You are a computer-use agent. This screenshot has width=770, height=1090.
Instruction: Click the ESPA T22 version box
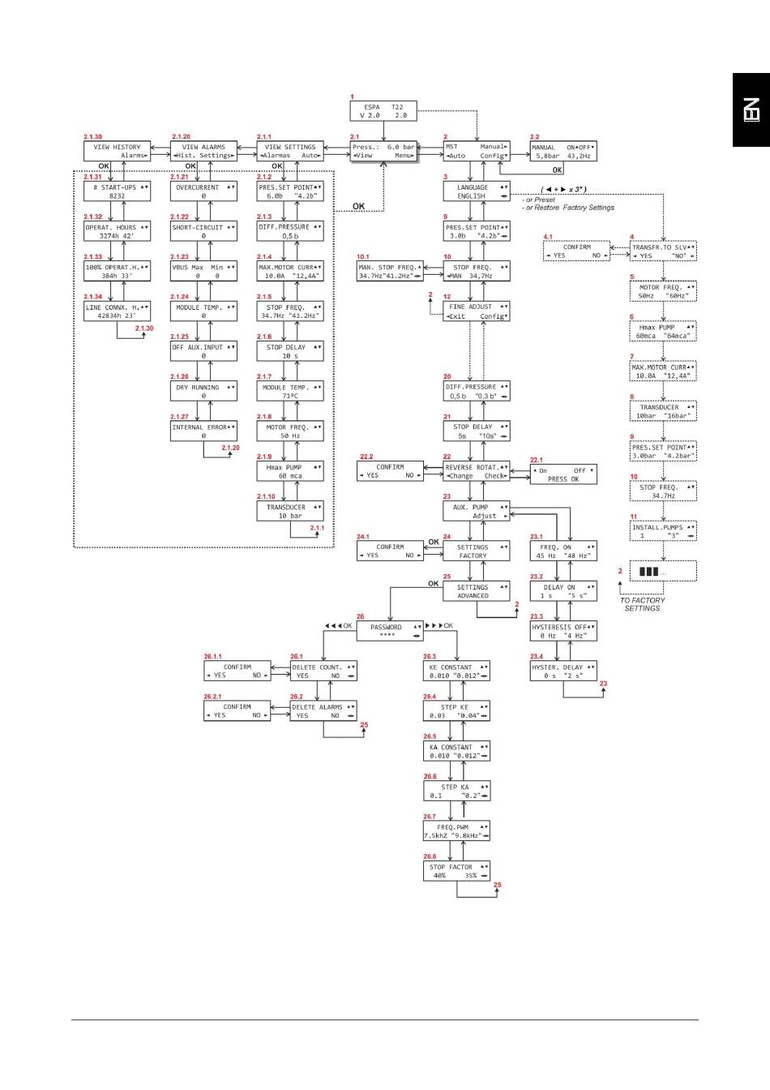[383, 111]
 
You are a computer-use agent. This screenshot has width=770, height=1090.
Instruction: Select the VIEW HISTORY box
[117, 152]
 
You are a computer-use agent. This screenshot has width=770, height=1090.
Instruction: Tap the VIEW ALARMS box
[203, 152]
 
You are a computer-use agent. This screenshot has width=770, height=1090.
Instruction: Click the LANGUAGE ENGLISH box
[477, 191]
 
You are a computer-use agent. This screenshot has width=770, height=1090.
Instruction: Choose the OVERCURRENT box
[203, 191]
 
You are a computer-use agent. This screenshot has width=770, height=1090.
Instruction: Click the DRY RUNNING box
[203, 392]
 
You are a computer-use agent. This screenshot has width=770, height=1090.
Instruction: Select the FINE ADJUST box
[477, 311]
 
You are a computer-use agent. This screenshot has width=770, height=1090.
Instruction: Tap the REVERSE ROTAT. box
[477, 472]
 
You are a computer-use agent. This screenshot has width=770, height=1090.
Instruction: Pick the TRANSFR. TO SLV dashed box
[663, 251]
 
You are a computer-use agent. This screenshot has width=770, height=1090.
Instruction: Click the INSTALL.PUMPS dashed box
[663, 531]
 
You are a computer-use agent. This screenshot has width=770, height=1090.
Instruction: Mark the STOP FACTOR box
[456, 871]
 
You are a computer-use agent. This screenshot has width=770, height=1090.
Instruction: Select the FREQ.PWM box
[456, 831]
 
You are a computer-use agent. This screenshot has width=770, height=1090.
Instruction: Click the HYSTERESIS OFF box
[563, 631]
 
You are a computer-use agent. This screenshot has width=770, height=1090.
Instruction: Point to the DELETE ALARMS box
[323, 711]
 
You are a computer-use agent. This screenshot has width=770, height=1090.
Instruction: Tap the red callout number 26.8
[429, 856]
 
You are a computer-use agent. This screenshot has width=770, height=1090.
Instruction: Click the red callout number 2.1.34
[92, 297]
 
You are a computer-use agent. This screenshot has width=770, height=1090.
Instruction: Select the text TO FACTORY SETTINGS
[642, 604]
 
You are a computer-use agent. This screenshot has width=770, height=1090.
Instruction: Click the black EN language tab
[751, 110]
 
